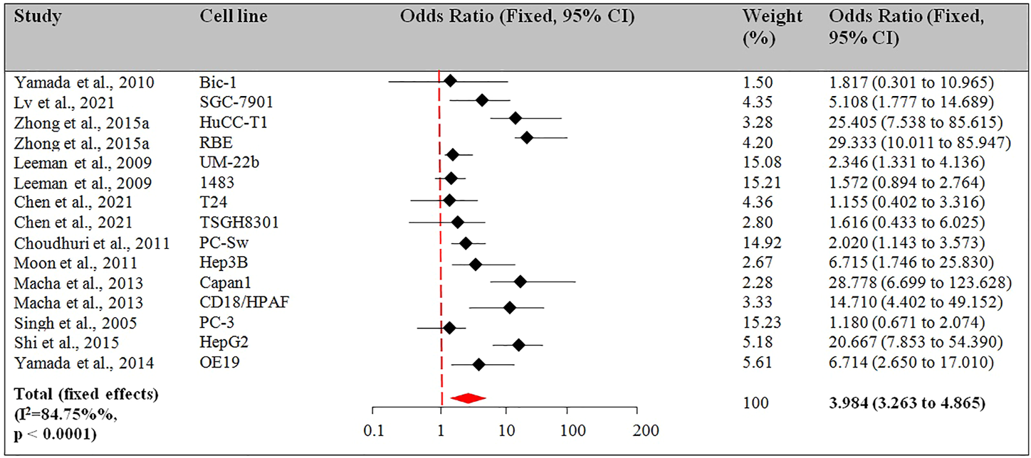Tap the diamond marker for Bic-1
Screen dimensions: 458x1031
click(450, 81)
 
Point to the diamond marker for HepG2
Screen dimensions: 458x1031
click(518, 345)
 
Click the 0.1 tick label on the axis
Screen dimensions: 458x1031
click(373, 430)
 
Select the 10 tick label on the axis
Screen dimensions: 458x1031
click(506, 430)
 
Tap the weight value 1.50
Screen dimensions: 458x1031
click(756, 82)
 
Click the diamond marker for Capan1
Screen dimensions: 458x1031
click(520, 282)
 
